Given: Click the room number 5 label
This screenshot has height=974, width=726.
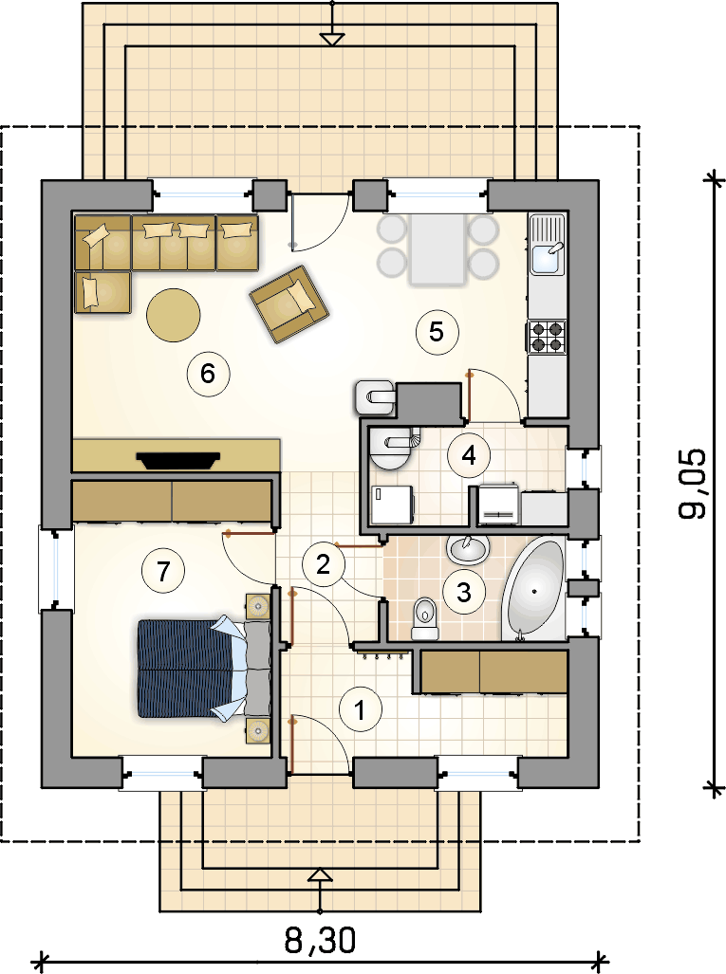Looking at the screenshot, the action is point(437,332).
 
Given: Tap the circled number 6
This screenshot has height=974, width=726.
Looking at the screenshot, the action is point(208,374).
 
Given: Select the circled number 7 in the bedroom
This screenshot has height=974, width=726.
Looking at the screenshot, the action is point(163,570).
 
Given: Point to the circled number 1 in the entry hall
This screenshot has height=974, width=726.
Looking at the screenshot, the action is point(360,709).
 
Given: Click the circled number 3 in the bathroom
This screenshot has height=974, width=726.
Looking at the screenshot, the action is point(464,592).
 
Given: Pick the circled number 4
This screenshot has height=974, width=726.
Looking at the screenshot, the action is point(469,455).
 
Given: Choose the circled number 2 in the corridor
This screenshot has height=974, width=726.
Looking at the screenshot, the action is point(324,564).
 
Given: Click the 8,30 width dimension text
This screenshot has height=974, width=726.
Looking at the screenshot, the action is point(320,940).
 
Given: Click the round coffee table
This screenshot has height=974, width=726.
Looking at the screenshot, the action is point(174,314).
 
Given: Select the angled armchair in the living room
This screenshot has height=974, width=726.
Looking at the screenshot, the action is point(289,303).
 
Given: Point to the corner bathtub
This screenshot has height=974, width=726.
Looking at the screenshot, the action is point(534,590).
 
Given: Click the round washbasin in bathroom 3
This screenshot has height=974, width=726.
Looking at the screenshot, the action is point(468,549).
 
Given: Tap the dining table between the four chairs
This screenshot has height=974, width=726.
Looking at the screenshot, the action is point(437,249).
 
